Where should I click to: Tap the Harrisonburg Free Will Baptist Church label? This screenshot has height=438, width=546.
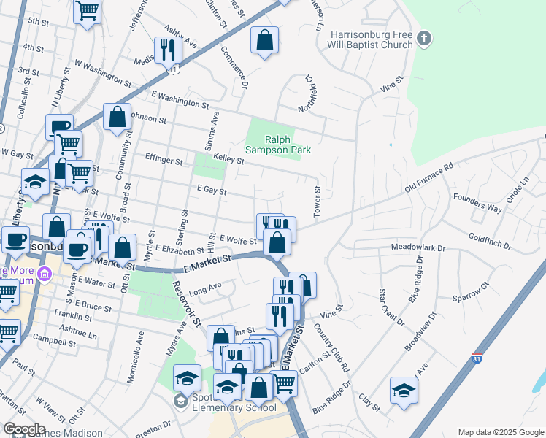pos(371,39)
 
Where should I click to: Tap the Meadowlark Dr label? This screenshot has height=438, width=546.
pos(418,248)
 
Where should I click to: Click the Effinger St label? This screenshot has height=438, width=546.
pos(163,159)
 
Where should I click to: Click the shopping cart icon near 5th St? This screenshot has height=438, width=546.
pos(87,11)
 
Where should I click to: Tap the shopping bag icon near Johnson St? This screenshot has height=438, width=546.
pos(118,117)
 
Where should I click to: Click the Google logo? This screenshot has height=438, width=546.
pos(24,429)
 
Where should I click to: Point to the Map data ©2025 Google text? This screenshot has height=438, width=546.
pos(499,432)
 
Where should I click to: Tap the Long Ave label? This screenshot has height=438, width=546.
pos(204,291)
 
